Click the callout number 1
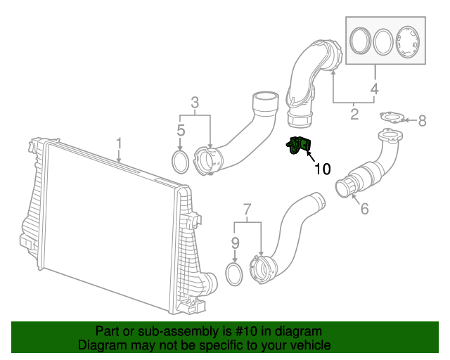point(119,144)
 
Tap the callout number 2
point(354,112)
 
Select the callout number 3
point(195,103)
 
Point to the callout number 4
point(375,89)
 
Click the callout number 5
point(181,130)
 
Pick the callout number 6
point(364,208)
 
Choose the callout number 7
point(247,209)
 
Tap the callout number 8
point(422,121)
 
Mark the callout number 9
point(236,244)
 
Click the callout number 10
point(321,169)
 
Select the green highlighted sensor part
point(299,146)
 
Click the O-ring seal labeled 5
point(181,162)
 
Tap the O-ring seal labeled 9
point(235,275)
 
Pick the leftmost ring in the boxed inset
point(360,41)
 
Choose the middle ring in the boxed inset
point(384,41)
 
